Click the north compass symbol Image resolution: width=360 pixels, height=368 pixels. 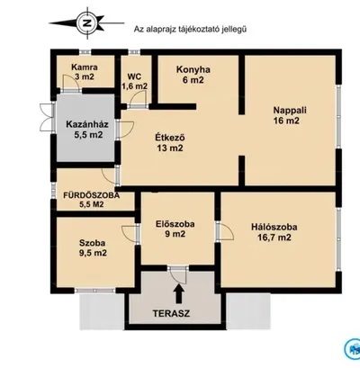click(87, 22)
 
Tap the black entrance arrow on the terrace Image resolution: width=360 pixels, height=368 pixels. click(179, 294)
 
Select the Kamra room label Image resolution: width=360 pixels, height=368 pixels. click(85, 72)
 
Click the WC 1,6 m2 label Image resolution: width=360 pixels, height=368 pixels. click(134, 81)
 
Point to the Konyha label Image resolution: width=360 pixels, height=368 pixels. click(193, 75)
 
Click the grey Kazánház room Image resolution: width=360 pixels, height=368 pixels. click(85, 128)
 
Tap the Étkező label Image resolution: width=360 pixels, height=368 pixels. click(170, 143)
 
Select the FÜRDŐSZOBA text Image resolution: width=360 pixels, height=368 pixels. click(91, 195)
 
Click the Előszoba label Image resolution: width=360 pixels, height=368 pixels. click(175, 229)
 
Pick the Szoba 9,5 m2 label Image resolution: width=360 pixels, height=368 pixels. click(93, 247)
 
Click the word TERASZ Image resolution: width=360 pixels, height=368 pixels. click(171, 313)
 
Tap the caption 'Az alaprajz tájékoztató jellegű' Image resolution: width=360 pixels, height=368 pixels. click(190, 29)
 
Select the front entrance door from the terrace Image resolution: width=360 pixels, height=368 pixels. click(178, 274)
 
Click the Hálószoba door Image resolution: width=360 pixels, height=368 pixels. click(225, 231)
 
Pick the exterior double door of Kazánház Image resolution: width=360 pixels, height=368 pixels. click(47, 118)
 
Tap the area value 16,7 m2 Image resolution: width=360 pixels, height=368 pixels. click(274, 238)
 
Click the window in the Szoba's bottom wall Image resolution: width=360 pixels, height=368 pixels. click(94, 290)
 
